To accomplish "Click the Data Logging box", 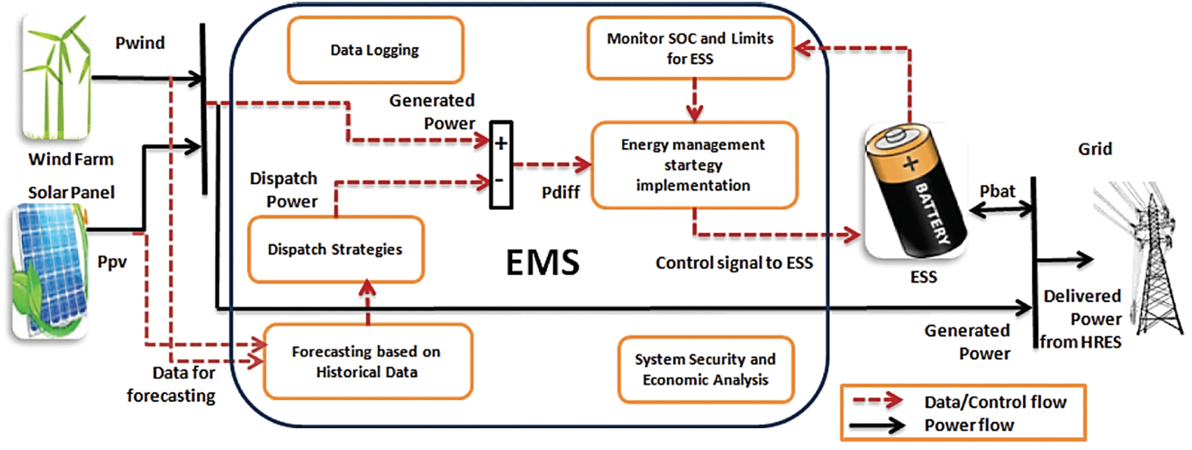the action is [x=375, y=50].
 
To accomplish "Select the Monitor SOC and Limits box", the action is [x=691, y=48].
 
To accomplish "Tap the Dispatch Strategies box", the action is [x=336, y=249].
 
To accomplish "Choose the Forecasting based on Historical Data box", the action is [x=368, y=362].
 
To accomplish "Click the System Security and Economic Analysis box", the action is [x=706, y=369].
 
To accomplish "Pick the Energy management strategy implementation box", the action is [x=694, y=165].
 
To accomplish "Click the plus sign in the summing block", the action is [x=501, y=144].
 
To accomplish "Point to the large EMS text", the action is [x=543, y=262].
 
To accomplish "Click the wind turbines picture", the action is [x=56, y=76].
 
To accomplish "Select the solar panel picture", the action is [x=50, y=271].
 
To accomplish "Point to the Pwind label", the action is [x=140, y=43].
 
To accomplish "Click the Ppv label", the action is [x=112, y=262].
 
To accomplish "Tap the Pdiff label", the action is [x=561, y=192].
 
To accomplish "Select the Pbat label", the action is [x=998, y=191].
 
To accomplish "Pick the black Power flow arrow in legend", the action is [x=878, y=426].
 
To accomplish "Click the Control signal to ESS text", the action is [x=734, y=263].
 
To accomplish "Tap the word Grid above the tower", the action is [x=1095, y=149].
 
